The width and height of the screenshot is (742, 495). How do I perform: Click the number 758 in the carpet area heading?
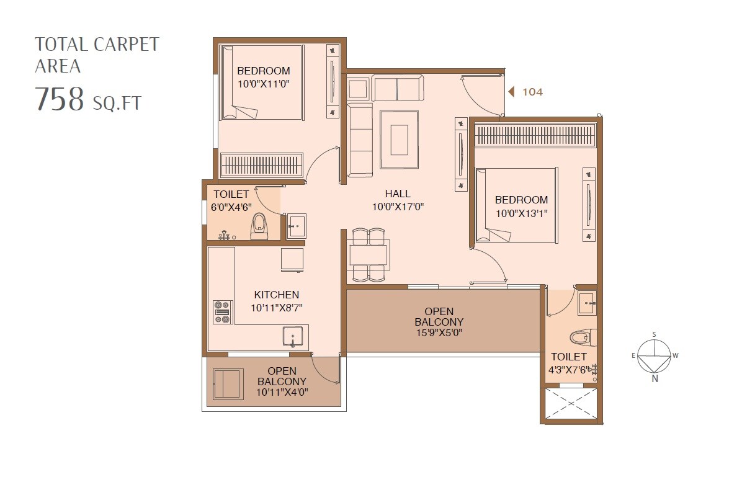[x=59, y=99]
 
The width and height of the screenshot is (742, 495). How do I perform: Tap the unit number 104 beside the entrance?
[x=532, y=92]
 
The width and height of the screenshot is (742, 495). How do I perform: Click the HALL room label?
[x=397, y=194]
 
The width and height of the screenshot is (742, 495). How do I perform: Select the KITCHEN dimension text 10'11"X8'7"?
[x=276, y=308]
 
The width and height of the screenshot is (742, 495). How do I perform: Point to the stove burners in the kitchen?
[x=222, y=312]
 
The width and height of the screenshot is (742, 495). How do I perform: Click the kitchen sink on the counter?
[x=295, y=337]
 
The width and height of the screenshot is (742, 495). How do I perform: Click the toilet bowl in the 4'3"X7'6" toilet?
[x=580, y=337]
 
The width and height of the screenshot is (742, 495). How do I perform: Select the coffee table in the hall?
[x=399, y=140]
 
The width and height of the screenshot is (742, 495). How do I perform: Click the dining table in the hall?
[x=369, y=255]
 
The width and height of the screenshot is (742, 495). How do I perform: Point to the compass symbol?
[x=655, y=357]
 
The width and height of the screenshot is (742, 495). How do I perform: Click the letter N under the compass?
[x=655, y=379]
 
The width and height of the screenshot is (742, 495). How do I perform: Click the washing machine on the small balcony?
[x=227, y=384]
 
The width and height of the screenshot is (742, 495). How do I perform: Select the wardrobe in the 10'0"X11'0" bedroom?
[x=262, y=166]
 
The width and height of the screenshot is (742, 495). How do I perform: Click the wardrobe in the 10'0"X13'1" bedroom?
[x=535, y=135]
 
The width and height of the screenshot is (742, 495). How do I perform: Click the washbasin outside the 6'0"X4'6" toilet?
[x=297, y=225]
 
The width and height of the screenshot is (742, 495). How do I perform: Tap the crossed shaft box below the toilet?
[x=570, y=404]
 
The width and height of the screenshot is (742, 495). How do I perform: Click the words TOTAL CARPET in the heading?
[x=97, y=45]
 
